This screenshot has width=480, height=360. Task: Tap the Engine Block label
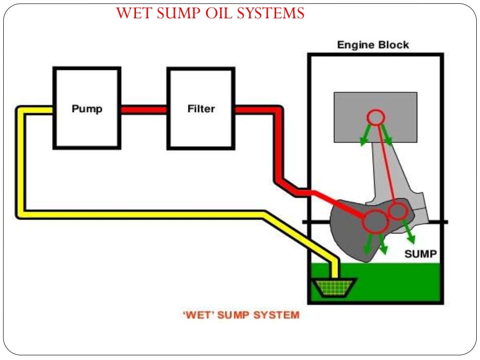click(373, 45)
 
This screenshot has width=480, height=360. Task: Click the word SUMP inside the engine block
click(420, 254)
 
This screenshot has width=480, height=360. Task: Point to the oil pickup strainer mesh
click(334, 287)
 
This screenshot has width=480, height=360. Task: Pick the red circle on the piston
click(375, 117)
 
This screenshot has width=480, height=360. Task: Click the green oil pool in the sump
click(398, 281)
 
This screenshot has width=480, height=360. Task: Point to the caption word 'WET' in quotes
click(197, 315)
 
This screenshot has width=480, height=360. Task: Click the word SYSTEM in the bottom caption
click(276, 315)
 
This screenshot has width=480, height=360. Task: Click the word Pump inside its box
click(87, 109)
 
